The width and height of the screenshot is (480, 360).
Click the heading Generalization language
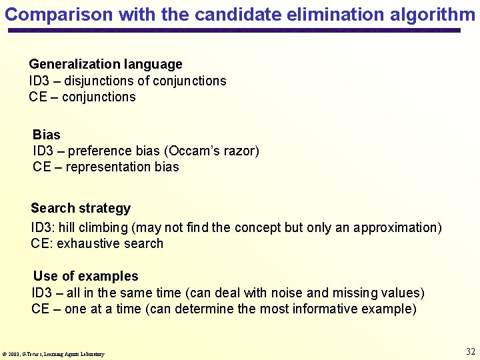point(105,64)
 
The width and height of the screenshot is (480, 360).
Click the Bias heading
point(46,135)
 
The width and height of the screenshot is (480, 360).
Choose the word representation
point(109,167)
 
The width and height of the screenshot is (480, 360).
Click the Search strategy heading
point(81,208)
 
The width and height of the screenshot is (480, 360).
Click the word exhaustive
point(83,243)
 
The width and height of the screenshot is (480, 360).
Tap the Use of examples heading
point(86,276)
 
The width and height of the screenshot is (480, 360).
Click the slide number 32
point(471,351)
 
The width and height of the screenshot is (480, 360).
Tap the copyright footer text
point(54,354)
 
